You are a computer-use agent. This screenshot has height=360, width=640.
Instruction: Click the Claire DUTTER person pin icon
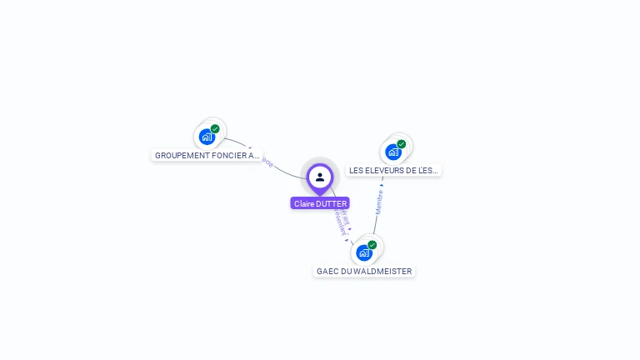(x=320, y=177)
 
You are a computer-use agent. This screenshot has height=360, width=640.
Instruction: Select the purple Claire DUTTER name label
(x=320, y=203)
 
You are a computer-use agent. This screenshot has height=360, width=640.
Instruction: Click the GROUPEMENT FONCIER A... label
(x=207, y=155)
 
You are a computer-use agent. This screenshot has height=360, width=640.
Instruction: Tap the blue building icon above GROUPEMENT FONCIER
(x=207, y=137)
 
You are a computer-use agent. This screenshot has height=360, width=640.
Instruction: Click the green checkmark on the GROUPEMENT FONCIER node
(x=215, y=129)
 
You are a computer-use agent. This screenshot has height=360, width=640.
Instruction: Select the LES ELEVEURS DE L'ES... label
(x=393, y=170)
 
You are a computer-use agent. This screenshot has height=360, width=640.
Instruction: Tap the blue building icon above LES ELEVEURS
(x=392, y=152)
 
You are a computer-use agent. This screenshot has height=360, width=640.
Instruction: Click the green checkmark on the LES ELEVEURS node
(x=401, y=144)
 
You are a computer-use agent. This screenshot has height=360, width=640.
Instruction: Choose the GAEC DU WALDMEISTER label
(x=364, y=271)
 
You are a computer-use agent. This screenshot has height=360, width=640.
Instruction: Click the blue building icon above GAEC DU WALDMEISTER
(x=363, y=253)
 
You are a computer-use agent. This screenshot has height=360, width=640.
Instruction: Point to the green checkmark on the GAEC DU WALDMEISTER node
(x=372, y=245)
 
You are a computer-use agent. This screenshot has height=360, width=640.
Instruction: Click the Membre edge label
(x=379, y=202)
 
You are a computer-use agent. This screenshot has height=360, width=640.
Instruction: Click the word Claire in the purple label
(x=303, y=203)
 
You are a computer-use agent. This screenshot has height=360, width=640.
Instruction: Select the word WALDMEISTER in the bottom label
(x=382, y=271)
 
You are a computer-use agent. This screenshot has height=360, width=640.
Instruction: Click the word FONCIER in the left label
(x=227, y=155)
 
